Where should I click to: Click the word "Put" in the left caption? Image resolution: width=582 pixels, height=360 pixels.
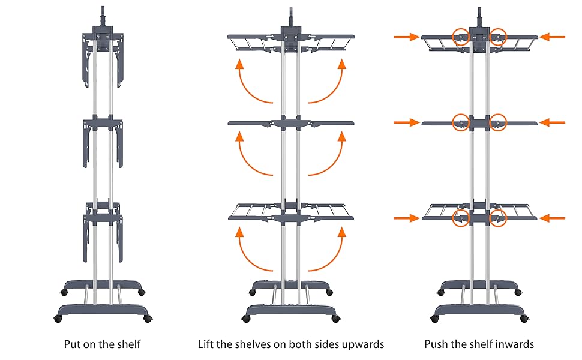coord(73,344)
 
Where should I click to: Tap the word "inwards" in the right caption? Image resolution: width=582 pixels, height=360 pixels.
coord(517,344)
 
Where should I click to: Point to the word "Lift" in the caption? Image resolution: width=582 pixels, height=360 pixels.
coord(206,344)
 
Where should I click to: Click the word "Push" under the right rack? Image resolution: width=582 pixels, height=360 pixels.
coord(435,344)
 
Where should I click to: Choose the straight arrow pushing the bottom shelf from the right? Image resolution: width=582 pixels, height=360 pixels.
coord(552,218)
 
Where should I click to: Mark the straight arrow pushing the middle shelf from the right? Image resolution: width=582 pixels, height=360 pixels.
coord(552,122)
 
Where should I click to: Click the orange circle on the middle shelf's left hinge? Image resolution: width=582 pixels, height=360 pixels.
coord(461,122)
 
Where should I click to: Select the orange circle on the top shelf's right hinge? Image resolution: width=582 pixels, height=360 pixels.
coord(498,37)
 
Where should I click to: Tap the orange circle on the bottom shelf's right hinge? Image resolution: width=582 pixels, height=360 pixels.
coord(498,218)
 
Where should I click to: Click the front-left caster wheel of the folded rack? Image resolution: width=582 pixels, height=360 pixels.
coord(59,318)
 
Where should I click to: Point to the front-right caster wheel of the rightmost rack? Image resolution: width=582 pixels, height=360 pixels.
coord(523,318)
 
